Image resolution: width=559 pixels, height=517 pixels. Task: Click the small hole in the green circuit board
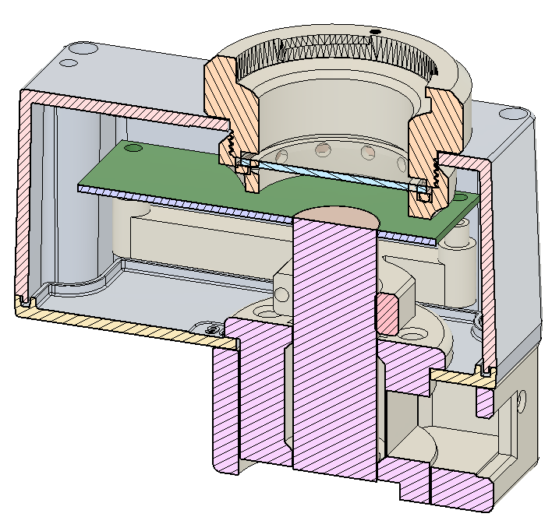(133, 147)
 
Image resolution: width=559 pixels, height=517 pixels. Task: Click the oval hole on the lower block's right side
(521, 399)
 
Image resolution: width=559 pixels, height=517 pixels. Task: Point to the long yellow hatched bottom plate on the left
(117, 322)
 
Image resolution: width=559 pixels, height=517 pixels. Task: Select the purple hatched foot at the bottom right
(460, 487)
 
